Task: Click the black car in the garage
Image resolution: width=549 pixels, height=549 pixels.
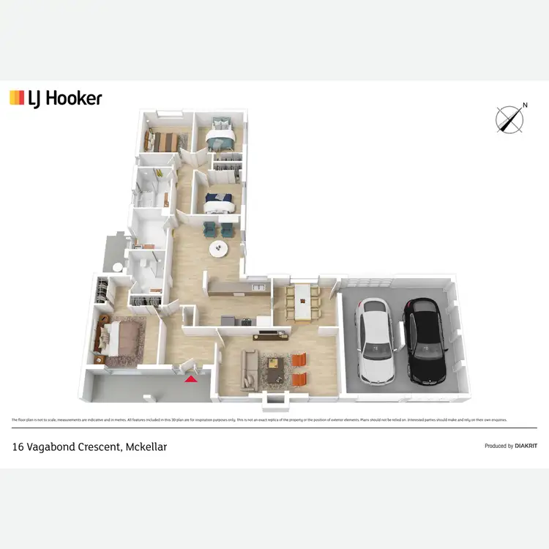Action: pyautogui.click(x=425, y=342)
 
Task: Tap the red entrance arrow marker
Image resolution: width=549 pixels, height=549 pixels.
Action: pyautogui.click(x=191, y=378)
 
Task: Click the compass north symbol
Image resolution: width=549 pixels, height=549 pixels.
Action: pyautogui.click(x=509, y=119)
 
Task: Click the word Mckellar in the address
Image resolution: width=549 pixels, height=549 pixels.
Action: pyautogui.click(x=145, y=446)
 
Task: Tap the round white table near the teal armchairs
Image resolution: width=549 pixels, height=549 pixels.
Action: pyautogui.click(x=220, y=249)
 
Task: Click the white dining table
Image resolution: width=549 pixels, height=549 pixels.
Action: pyautogui.click(x=302, y=301)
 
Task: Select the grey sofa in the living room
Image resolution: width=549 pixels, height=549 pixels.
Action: pyautogui.click(x=249, y=368)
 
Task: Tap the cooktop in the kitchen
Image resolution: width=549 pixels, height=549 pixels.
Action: pyautogui.click(x=228, y=320)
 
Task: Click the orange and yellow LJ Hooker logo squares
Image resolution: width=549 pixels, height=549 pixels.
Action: pyautogui.click(x=17, y=98)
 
